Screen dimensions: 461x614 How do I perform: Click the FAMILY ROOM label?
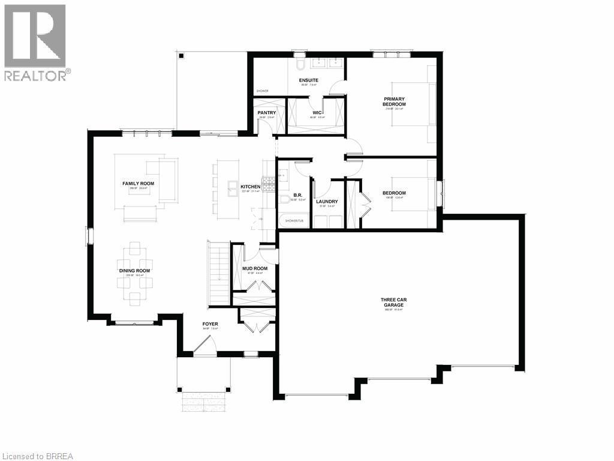click(139, 183)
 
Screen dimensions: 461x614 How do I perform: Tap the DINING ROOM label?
click(134, 271)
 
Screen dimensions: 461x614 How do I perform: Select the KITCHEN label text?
click(251, 187)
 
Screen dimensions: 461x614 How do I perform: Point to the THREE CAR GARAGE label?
click(394, 302)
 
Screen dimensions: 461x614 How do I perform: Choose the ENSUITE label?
click(308, 80)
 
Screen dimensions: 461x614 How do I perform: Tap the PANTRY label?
click(266, 112)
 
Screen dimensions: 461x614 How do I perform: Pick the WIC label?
click(317, 112)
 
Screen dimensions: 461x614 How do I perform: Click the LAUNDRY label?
click(327, 202)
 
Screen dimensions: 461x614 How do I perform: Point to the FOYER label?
click(210, 324)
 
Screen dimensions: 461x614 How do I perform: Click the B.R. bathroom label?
click(298, 195)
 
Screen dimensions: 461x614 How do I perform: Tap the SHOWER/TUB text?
click(294, 221)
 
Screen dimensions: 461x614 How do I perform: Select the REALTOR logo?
click(35, 42)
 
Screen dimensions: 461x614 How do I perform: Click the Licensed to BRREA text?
click(38, 456)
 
